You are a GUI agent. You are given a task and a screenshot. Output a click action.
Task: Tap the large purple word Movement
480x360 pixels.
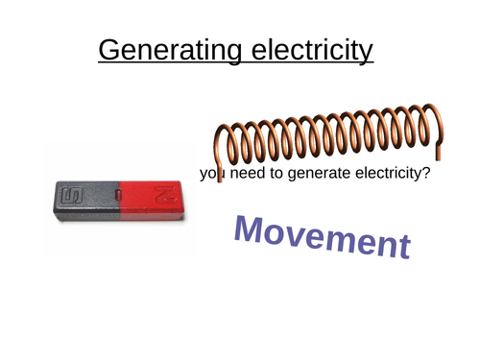[x=323, y=236]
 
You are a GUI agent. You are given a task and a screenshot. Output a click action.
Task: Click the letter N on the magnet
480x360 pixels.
[x=165, y=195]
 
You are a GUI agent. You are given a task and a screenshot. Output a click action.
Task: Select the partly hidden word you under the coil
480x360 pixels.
[x=209, y=175]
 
